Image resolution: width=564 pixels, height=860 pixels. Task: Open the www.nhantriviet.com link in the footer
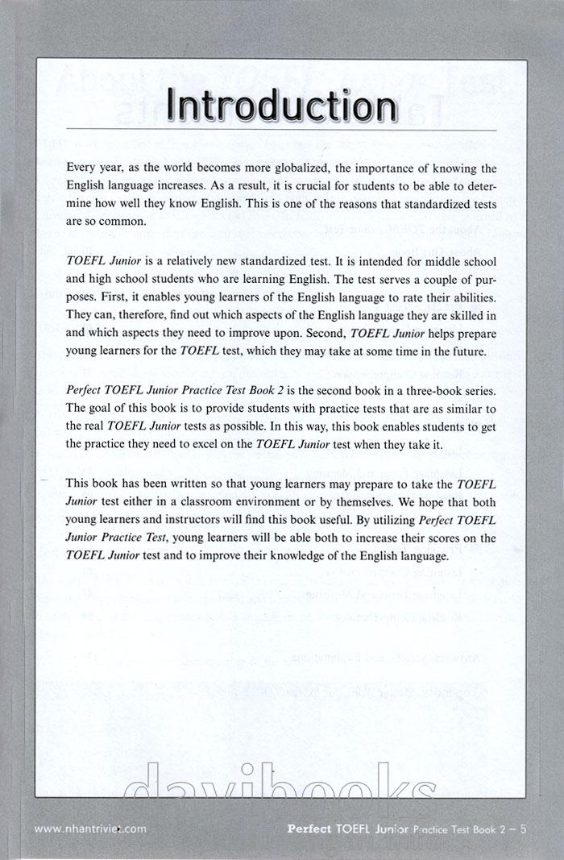coord(90,827)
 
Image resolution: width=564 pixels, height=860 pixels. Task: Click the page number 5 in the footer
coord(524,827)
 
